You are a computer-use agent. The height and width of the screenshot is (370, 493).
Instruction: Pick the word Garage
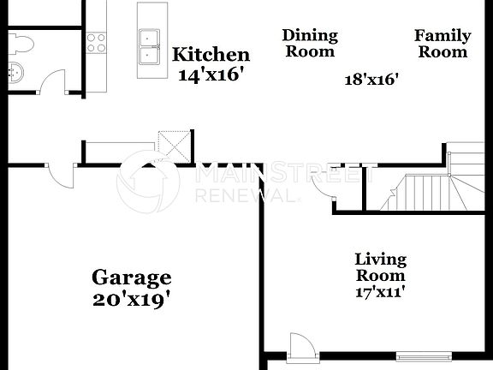[x=132, y=277]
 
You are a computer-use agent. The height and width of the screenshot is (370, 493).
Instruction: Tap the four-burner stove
[x=96, y=43]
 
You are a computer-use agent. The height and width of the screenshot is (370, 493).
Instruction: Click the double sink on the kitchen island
[x=150, y=47]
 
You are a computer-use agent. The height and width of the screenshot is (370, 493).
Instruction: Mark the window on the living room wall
[x=425, y=354]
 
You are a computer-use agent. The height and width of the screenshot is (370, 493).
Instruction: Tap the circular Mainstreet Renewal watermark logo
[x=148, y=181]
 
